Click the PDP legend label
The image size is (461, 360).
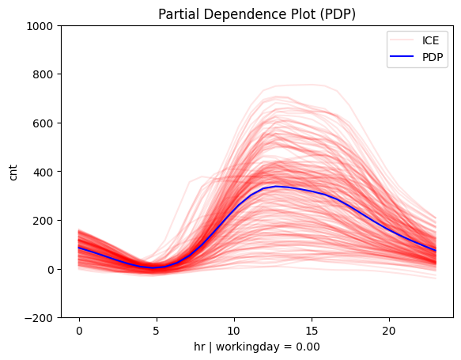[427, 57]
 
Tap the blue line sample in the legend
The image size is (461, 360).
[399, 57]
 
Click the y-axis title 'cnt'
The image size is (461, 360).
[13, 172]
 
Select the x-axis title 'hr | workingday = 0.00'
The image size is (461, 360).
[257, 347]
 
